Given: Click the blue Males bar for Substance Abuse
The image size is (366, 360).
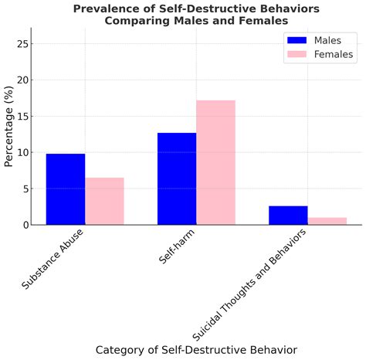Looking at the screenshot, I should coord(66,189).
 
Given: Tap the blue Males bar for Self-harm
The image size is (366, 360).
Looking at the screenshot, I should coord(177,178).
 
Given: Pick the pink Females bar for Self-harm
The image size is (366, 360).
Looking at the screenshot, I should coord(215,162).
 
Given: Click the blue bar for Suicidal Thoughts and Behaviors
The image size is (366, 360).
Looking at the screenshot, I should coord(288,215).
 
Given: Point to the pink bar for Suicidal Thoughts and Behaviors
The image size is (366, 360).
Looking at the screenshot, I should coord(327,221).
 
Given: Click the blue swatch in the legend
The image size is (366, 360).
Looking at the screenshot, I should coord(297,39).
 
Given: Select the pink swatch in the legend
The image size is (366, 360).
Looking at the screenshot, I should coord(297,54).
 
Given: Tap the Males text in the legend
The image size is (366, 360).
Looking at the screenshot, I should coord(330,39).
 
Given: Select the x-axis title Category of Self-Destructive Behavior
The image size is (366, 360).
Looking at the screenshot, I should coord(196,350).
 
